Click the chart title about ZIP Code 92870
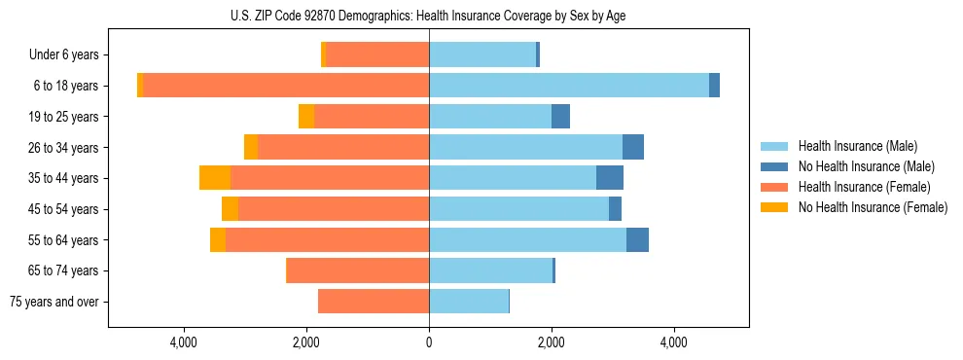(x=429, y=15)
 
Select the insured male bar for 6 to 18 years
(x=568, y=86)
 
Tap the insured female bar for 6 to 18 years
(x=286, y=86)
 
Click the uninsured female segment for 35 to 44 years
(x=215, y=178)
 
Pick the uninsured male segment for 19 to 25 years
(x=560, y=117)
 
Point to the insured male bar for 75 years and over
(x=468, y=302)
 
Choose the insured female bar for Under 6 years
(x=376, y=54)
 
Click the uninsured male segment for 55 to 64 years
(x=637, y=240)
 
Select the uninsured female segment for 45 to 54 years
(x=230, y=209)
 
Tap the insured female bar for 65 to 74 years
(x=358, y=270)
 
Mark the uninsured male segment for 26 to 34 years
(x=633, y=147)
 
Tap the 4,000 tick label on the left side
(x=184, y=342)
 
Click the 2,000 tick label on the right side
(x=552, y=342)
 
